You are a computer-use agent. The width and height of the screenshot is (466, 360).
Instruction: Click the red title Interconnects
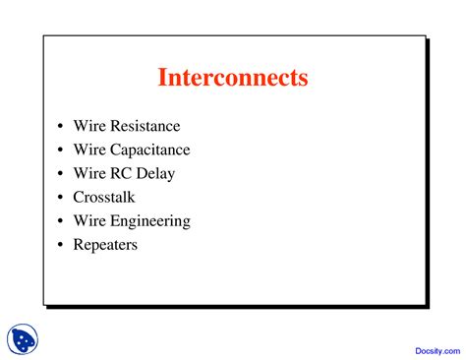[233, 77]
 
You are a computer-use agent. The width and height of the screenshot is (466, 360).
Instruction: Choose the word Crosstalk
[107, 198]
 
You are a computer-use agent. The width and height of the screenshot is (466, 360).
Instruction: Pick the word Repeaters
[105, 245]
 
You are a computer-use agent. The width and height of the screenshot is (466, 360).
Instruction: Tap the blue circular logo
[22, 339]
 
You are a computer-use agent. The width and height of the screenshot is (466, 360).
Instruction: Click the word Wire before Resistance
[88, 127]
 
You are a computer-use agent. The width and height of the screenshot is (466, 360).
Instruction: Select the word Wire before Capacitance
[88, 150]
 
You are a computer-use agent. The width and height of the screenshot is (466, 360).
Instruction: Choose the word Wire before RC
[88, 174]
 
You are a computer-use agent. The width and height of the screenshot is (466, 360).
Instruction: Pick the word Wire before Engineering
[88, 221]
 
